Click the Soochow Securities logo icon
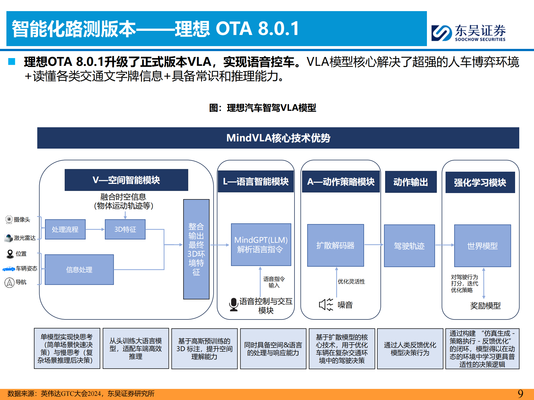click(x=441, y=33)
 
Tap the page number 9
click(x=520, y=393)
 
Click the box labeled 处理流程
click(x=65, y=229)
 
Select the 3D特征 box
click(x=125, y=229)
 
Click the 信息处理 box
click(x=79, y=269)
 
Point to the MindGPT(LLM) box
click(x=261, y=245)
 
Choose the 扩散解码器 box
click(x=335, y=245)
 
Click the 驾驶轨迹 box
click(x=409, y=246)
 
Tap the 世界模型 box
click(x=482, y=246)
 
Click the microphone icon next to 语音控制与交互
click(x=234, y=304)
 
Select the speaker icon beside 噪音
click(x=326, y=305)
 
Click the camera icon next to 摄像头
click(x=9, y=220)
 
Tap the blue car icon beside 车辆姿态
click(x=9, y=269)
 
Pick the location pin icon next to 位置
click(x=10, y=254)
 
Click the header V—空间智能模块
click(x=126, y=180)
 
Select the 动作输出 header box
click(x=411, y=182)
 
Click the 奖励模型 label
click(x=485, y=306)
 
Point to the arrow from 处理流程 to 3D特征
click(x=95, y=229)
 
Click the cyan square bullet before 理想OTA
click(x=12, y=61)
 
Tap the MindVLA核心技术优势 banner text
click(x=278, y=138)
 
